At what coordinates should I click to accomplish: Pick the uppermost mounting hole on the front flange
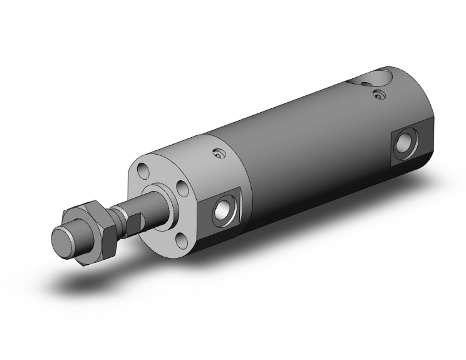(143, 167)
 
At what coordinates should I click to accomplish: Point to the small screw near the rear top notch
(376, 95)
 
